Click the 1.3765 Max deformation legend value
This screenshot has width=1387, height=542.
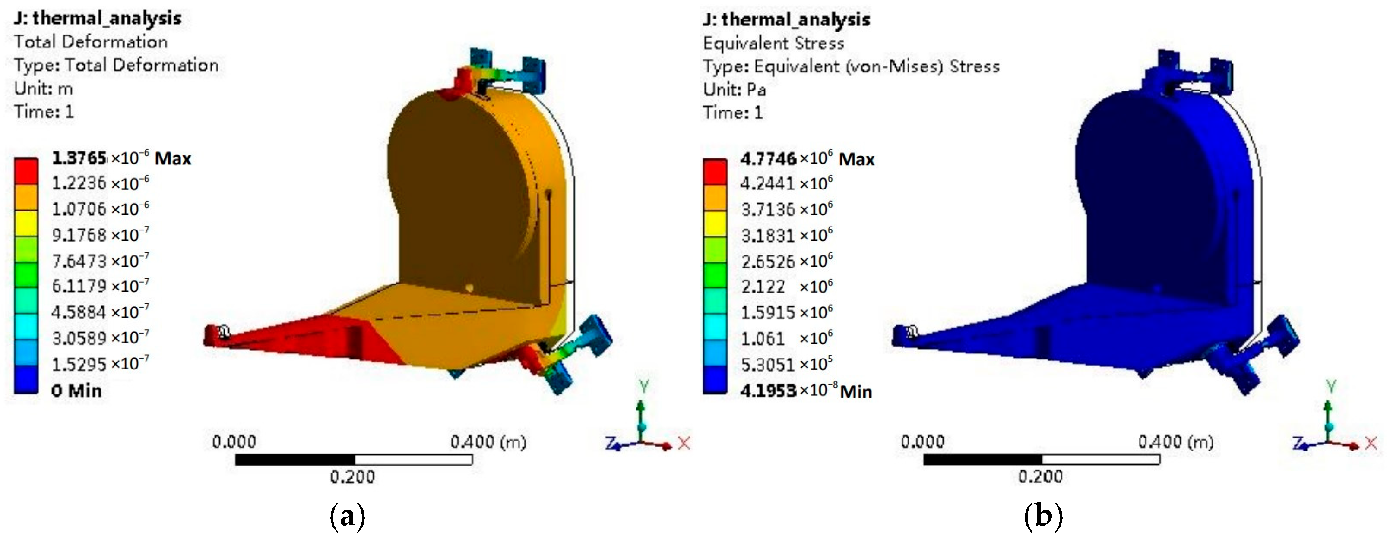121,158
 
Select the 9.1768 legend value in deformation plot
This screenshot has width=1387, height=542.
100,235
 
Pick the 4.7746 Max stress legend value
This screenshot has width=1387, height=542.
807,159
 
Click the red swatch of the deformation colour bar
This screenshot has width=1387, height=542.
26,171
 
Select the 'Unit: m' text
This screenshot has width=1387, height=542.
44,88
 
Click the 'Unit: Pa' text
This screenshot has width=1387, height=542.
735,89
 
